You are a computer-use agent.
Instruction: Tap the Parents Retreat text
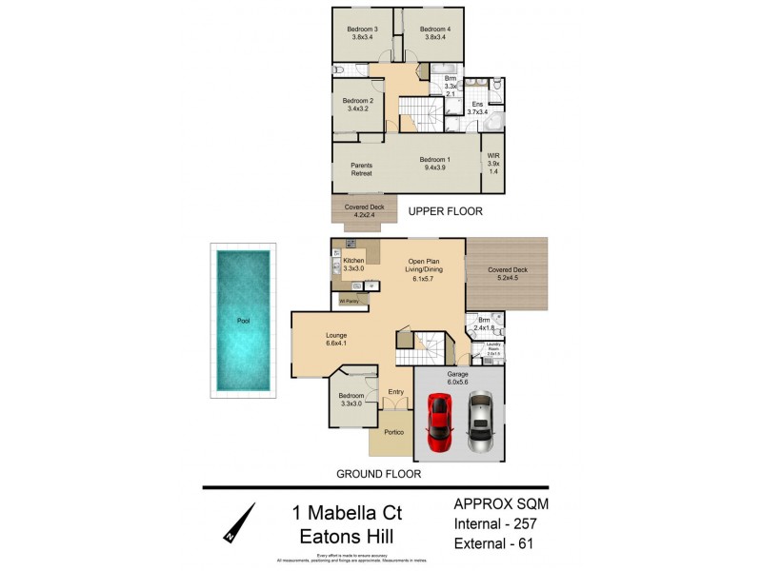tap(361, 169)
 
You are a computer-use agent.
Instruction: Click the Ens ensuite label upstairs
tap(477, 108)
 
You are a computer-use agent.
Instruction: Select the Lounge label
tap(335, 339)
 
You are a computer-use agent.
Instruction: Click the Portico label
tap(393, 433)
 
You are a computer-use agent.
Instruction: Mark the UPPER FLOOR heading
tap(445, 211)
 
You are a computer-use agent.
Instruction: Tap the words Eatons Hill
tap(346, 538)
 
